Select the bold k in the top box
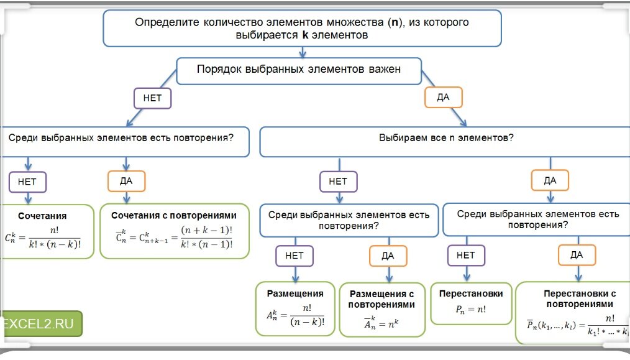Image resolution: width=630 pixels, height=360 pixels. [305, 35]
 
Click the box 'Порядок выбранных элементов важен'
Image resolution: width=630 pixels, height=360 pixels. [299, 70]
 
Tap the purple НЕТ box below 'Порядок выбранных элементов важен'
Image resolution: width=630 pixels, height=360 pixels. [152, 98]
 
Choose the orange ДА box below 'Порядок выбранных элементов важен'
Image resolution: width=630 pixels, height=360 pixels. [444, 98]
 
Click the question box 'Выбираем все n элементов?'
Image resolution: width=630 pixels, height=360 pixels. [445, 137]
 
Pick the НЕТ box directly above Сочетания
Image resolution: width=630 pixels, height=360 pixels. [27, 182]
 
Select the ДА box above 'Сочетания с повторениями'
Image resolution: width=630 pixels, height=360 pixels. [127, 182]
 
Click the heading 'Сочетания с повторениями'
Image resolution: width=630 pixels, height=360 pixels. [174, 215]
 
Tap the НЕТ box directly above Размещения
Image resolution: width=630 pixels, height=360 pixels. [294, 256]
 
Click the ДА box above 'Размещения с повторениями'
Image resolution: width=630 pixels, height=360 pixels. [388, 256]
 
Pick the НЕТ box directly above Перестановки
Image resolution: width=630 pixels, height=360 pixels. [466, 255]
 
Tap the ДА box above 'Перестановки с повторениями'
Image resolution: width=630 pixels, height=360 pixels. [577, 255]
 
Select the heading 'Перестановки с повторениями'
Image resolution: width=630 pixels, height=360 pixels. [579, 298]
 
